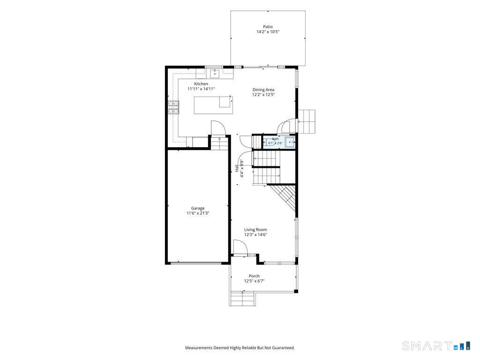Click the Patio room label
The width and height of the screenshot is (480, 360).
[x=268, y=27]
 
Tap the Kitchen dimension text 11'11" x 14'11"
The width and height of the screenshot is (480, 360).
[x=201, y=89]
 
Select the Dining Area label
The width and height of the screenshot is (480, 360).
[x=263, y=90]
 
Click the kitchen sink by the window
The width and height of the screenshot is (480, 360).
[x=215, y=74]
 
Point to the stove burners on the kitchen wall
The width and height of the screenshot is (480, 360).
[x=173, y=107]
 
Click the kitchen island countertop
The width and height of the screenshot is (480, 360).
[x=213, y=105]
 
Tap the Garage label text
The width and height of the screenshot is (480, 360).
[x=198, y=208]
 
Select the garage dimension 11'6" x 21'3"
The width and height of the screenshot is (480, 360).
[x=198, y=213]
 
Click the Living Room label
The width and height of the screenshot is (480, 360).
[x=255, y=230]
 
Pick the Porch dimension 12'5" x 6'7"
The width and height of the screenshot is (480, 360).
[x=254, y=281]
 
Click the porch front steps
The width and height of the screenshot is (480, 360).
[x=242, y=299]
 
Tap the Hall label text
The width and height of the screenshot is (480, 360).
[x=237, y=168]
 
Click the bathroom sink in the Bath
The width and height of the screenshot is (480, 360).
[x=290, y=142]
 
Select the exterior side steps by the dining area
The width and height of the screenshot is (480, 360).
[x=307, y=121]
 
